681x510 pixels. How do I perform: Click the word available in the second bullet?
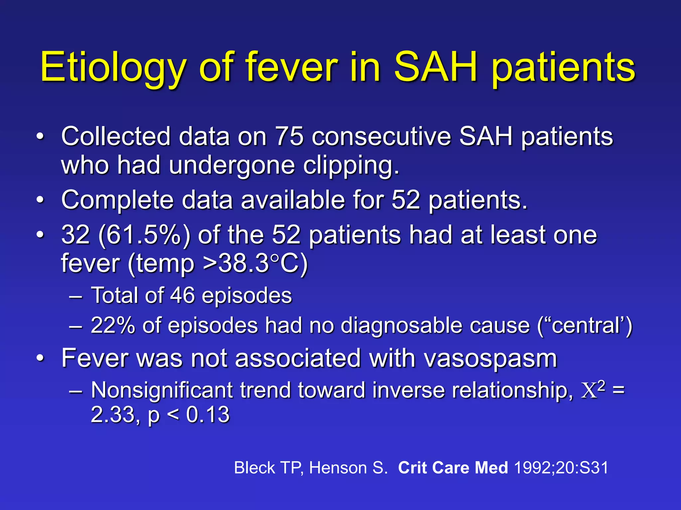(293, 201)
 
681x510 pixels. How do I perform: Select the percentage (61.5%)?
(144, 235)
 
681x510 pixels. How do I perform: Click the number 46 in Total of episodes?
(182, 295)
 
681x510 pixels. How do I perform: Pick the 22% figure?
(113, 325)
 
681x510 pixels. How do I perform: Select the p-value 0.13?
(208, 415)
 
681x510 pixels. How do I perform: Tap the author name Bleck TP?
(268, 468)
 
